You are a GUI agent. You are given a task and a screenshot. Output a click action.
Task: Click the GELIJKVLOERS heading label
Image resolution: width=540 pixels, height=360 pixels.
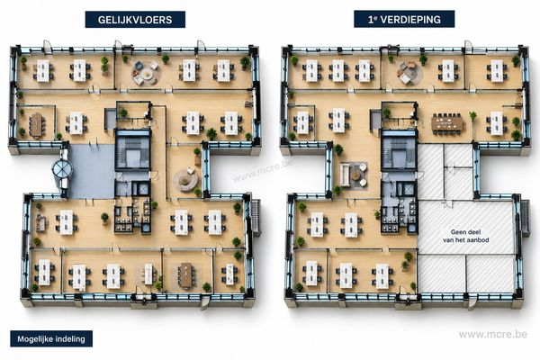(135, 19)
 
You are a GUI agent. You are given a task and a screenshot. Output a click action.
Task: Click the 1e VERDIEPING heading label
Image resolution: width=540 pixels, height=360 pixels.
(404, 19)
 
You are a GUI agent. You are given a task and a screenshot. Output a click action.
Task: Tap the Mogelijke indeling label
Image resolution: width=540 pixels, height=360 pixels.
(51, 339)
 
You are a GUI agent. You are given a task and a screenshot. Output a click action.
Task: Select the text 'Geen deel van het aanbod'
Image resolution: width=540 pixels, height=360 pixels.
(465, 236)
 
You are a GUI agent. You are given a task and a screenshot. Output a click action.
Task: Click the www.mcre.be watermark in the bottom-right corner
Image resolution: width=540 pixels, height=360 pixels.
(493, 334)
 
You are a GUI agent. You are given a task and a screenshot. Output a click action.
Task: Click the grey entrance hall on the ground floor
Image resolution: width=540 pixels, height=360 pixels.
(92, 171)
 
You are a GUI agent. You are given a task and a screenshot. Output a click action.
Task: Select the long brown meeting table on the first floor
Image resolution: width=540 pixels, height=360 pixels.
(447, 123)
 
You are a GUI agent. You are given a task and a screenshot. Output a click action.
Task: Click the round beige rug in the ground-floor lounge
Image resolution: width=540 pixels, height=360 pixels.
(185, 179)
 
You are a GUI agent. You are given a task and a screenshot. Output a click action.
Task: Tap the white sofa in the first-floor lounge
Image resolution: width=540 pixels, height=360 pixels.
(345, 175)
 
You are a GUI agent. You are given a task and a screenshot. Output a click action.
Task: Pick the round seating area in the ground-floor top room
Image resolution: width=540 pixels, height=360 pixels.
(146, 74)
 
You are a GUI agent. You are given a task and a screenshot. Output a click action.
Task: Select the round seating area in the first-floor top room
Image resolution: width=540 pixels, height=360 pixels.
(409, 73)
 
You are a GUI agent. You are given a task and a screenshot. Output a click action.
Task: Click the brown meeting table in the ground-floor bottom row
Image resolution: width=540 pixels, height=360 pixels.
(186, 274)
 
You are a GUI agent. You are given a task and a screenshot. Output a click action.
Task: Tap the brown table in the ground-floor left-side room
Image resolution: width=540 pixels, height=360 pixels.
(37, 125)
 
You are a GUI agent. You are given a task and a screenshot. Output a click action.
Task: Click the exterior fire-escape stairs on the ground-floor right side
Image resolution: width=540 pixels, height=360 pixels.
(256, 217)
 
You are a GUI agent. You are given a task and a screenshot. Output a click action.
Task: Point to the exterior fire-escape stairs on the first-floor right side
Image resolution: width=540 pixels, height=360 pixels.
(525, 218)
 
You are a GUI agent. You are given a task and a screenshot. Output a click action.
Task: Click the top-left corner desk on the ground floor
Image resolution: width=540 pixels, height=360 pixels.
(43, 71)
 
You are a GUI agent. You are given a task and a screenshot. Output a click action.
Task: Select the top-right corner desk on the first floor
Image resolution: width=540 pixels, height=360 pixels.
(497, 71)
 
